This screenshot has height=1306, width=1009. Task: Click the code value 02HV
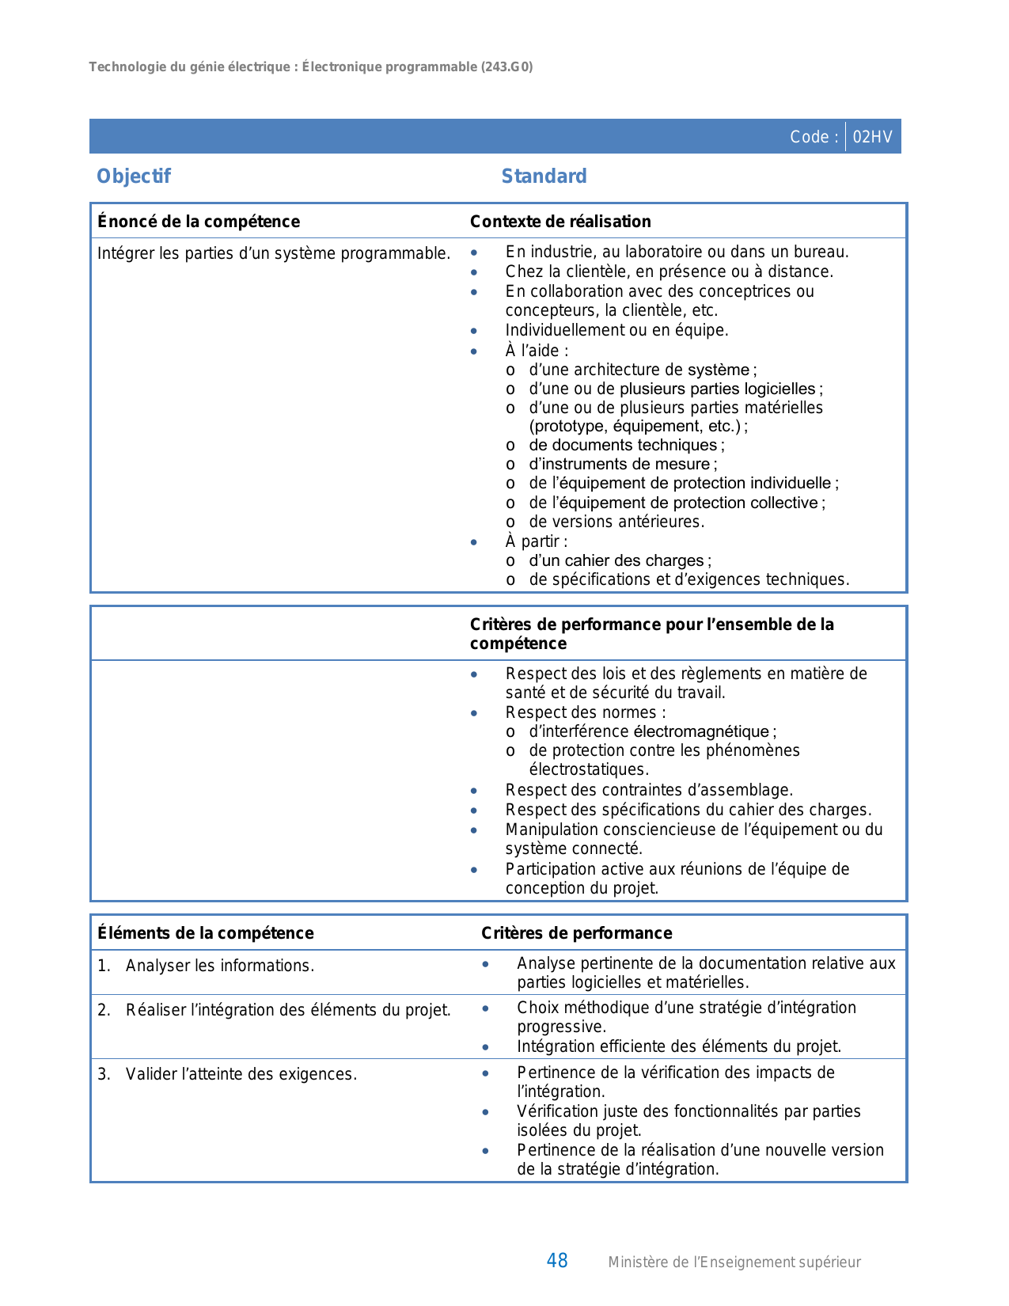tap(872, 137)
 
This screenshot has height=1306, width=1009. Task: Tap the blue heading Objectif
tap(133, 176)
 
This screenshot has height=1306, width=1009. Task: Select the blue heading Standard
tap(544, 176)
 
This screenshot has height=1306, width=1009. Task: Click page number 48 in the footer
tap(557, 1261)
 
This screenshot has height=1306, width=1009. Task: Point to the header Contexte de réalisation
tap(560, 222)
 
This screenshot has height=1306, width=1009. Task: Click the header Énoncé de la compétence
tap(199, 222)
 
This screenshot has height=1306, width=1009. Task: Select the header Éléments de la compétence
tap(206, 933)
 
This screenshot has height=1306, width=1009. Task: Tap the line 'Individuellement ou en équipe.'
tap(616, 330)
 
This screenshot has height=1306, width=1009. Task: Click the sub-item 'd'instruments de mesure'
tap(623, 465)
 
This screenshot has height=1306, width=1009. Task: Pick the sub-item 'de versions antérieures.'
tap(616, 522)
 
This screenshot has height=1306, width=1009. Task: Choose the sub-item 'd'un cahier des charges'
tap(620, 560)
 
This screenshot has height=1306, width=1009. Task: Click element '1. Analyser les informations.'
tap(206, 966)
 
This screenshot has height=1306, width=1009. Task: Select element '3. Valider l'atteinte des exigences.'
tap(227, 1074)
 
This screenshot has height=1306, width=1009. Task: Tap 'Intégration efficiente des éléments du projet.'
tap(679, 1046)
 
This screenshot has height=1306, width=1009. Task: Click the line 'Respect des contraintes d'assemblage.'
tap(649, 790)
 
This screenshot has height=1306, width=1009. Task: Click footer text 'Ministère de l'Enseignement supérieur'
tap(734, 1262)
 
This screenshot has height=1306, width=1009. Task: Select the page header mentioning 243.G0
tap(311, 67)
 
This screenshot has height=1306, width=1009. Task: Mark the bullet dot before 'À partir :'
tap(474, 542)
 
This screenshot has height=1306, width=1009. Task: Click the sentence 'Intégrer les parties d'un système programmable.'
tap(274, 253)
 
